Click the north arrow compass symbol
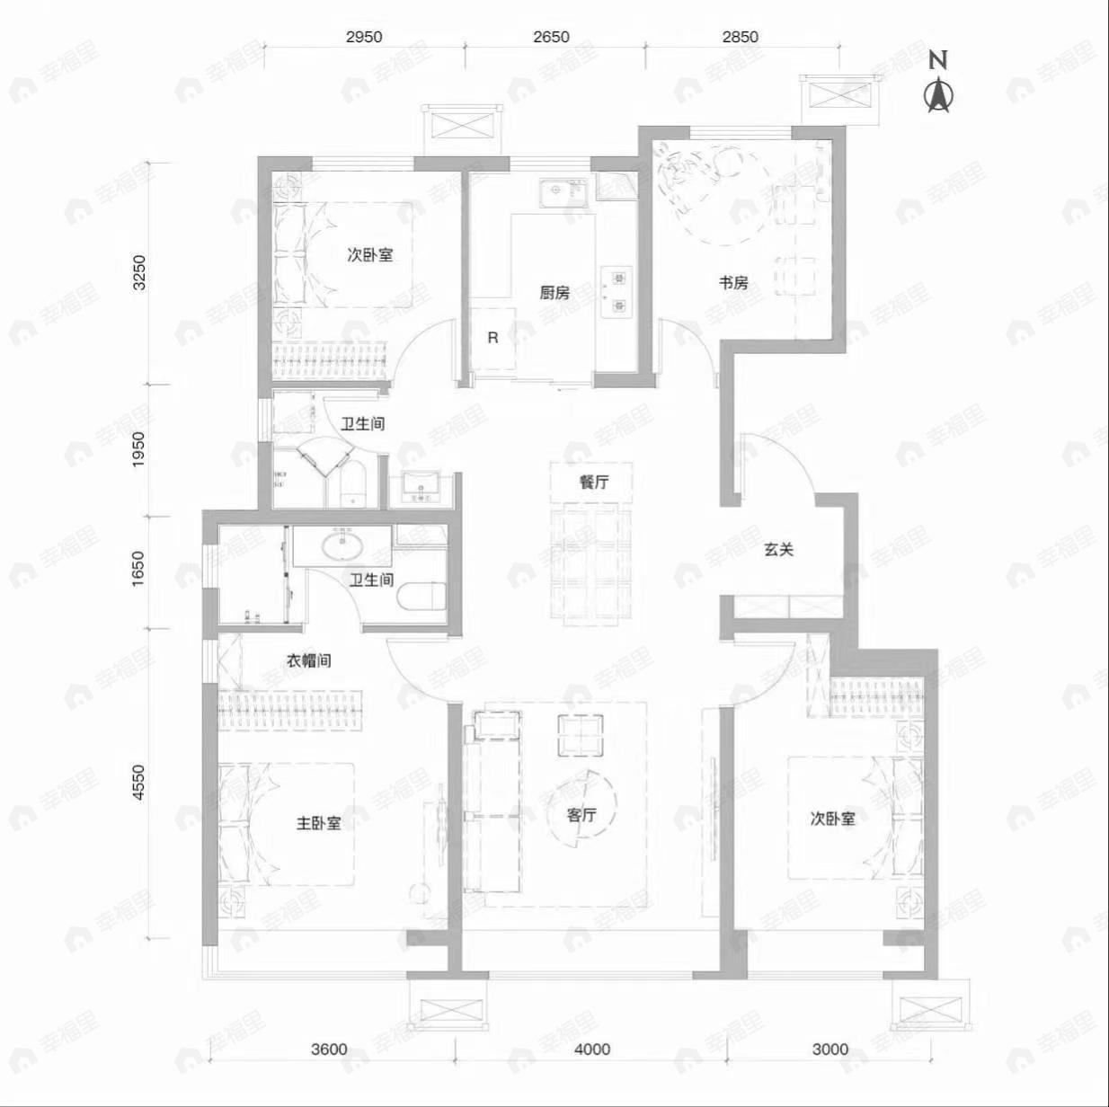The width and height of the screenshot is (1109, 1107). coord(938,93)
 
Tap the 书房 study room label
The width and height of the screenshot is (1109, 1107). coord(732,283)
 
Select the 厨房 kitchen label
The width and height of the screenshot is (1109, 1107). coord(554,293)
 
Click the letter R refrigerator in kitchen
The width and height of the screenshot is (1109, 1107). coord(492,339)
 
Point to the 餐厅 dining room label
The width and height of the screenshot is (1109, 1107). coord(593,482)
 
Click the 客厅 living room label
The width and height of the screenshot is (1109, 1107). coord(581,816)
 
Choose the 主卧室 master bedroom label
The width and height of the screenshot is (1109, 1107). coord(319,823)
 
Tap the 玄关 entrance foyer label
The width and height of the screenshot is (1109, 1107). coord(779,549)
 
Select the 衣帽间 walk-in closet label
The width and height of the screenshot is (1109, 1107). coord(308,660)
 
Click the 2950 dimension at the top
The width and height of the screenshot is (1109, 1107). coord(364,37)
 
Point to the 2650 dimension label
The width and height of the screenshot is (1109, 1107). coord(551,37)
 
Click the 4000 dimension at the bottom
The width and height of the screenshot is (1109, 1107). coord(592,1049)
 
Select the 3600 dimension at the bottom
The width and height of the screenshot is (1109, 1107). coord(329,1049)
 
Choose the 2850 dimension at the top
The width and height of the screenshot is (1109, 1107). coord(740,37)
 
